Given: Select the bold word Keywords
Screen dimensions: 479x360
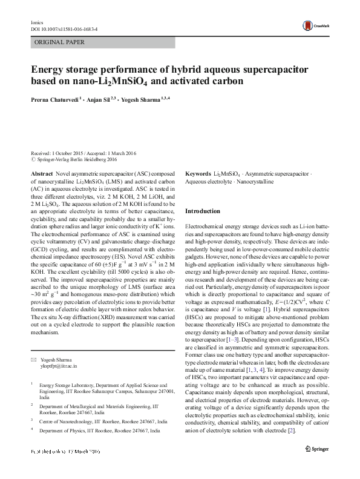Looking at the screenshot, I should click(x=198, y=173).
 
